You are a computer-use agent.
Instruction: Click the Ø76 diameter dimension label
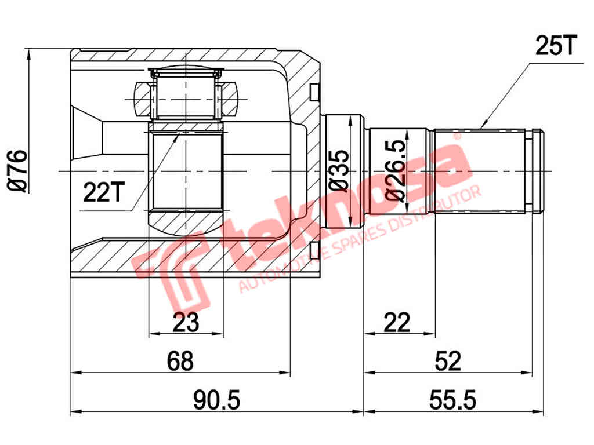tap(17, 170)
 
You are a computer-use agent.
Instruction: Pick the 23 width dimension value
tap(186, 322)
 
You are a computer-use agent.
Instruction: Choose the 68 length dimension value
tap(180, 362)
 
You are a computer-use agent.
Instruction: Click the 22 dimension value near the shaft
tap(397, 322)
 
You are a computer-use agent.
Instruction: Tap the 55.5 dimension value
tap(453, 400)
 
